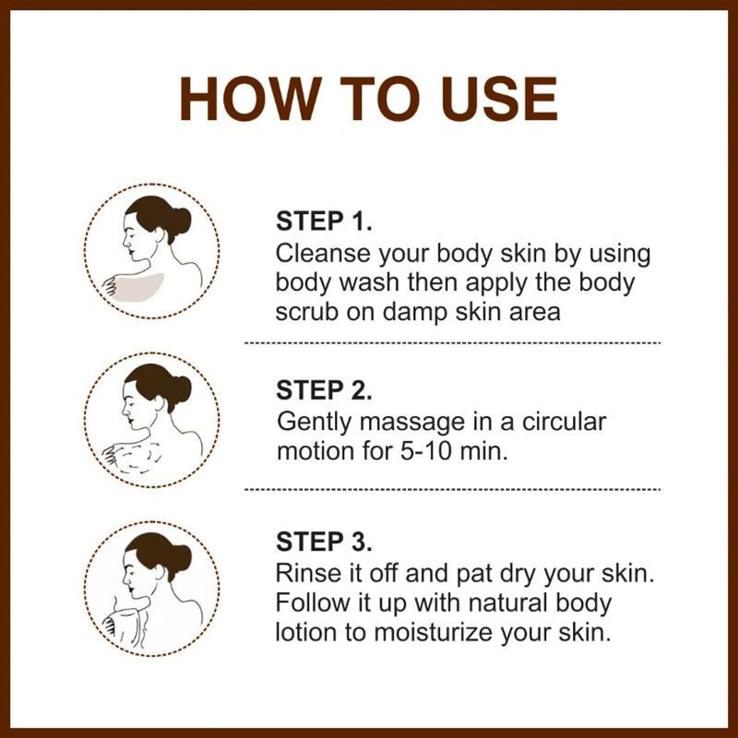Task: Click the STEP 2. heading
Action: coord(324,390)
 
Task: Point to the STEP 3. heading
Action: coord(324,541)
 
